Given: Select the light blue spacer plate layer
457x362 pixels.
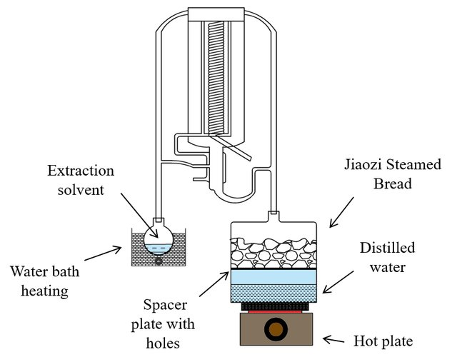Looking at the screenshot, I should point(273,277).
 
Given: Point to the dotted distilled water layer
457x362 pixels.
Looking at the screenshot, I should point(273,293).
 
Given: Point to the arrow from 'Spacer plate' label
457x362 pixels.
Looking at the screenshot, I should point(214,286).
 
